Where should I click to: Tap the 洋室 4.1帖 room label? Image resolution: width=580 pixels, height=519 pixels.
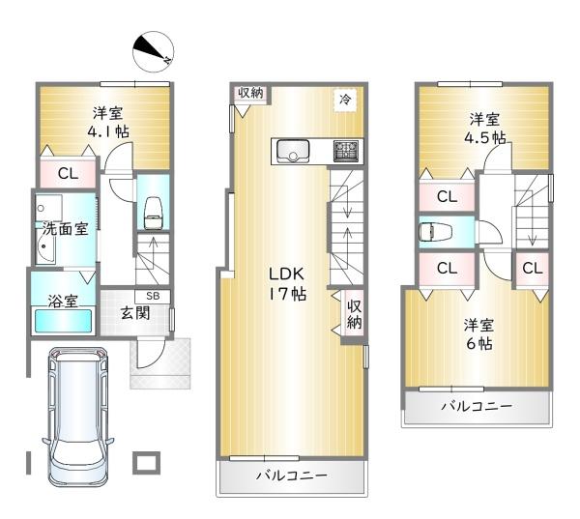(x=107, y=120)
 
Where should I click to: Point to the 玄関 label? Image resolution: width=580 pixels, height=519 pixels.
(x=134, y=312)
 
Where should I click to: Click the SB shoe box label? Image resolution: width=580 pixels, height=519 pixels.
(x=153, y=296)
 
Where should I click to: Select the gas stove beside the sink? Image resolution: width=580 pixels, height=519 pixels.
(x=345, y=150)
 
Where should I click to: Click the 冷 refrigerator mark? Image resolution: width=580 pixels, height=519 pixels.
(x=343, y=98)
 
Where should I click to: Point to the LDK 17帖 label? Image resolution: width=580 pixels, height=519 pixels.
(x=287, y=282)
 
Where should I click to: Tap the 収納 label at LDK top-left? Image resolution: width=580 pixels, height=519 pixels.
(x=250, y=93)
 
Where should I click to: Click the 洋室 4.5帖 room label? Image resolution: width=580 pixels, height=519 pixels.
(x=486, y=129)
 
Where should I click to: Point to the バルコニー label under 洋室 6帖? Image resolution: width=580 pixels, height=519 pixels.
(x=478, y=406)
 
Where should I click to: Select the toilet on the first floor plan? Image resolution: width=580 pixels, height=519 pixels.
(x=153, y=212)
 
